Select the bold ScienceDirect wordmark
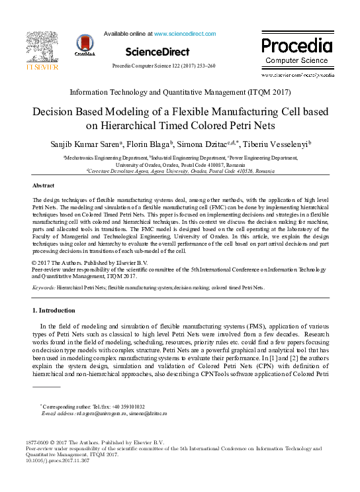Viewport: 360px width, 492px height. pyautogui.click(x=157, y=52)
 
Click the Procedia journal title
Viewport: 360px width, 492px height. pyautogui.click(x=296, y=46)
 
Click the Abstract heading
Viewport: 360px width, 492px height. pyautogui.click(x=44, y=186)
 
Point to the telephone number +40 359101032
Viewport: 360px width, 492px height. pyautogui.click(x=127, y=407)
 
